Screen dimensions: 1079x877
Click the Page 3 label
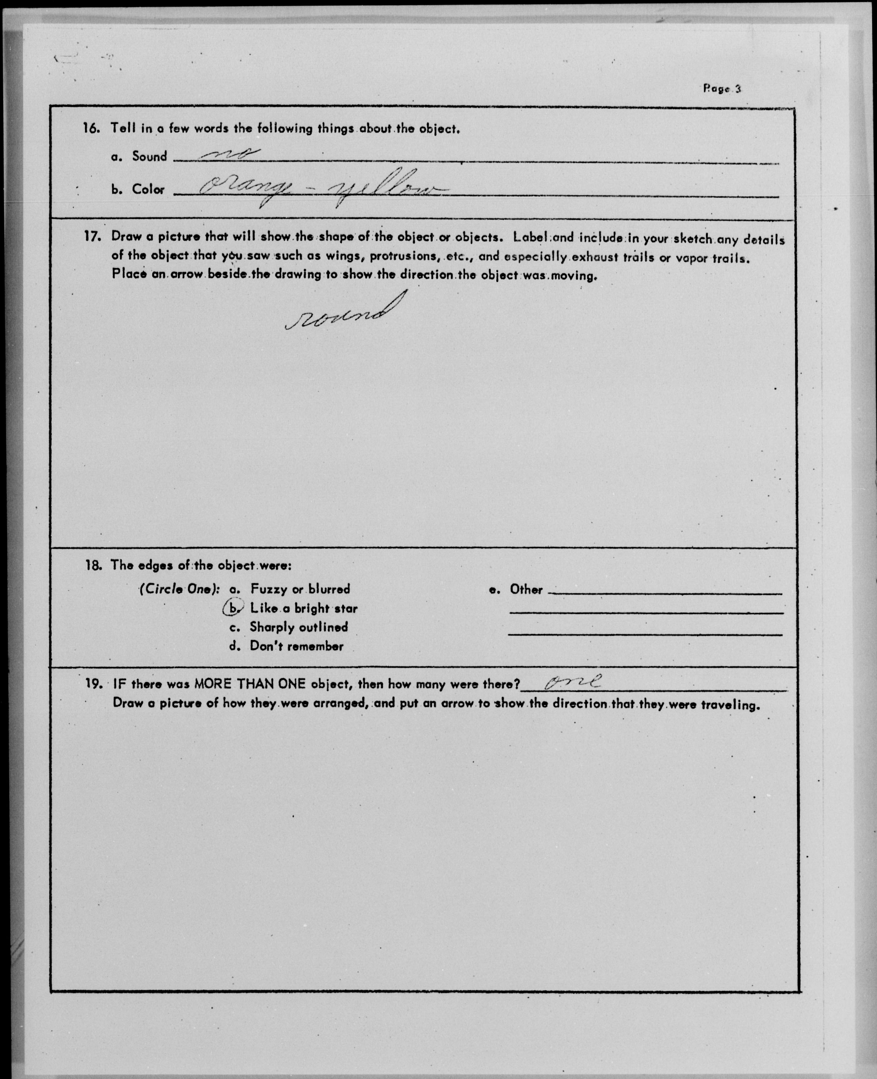[722, 89]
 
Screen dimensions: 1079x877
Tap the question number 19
[94, 684]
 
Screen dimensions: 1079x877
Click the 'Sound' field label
[150, 156]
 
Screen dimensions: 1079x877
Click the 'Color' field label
[148, 189]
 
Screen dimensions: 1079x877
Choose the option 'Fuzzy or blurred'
[300, 589]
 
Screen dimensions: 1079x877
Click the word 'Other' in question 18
[526, 590]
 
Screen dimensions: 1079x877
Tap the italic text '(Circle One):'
[179, 589]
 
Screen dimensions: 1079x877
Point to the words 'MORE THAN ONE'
[250, 684]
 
